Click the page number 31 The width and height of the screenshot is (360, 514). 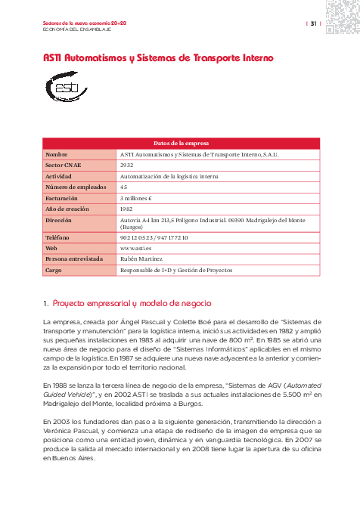pos(312,24)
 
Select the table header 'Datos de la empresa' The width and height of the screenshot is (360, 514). pos(181,143)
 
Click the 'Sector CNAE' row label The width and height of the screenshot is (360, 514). pos(64,164)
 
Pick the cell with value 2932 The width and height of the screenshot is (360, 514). pos(127,164)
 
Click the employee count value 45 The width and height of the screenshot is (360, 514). pos(124,186)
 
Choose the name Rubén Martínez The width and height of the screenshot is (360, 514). pos(141,259)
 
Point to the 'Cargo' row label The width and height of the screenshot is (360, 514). pos(54,270)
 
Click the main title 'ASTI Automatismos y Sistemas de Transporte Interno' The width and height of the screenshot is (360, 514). pos(157,57)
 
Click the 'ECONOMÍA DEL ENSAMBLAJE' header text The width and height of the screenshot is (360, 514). pos(77,29)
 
